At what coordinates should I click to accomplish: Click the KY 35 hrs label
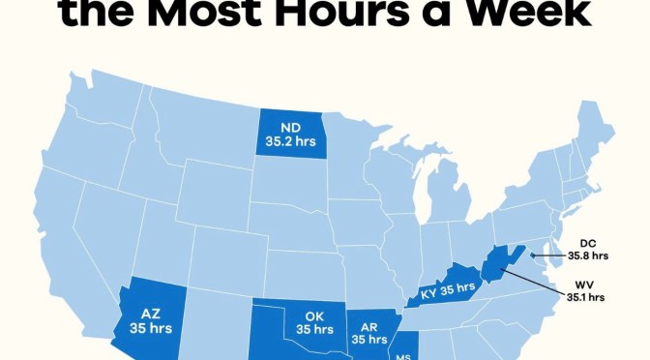447,288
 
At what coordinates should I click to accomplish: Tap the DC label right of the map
587,243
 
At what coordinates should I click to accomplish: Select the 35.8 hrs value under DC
587,256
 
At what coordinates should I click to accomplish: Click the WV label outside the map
587,284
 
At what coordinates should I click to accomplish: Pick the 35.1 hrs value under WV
587,297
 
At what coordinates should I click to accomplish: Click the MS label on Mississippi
403,355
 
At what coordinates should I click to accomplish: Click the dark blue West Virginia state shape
495,262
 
